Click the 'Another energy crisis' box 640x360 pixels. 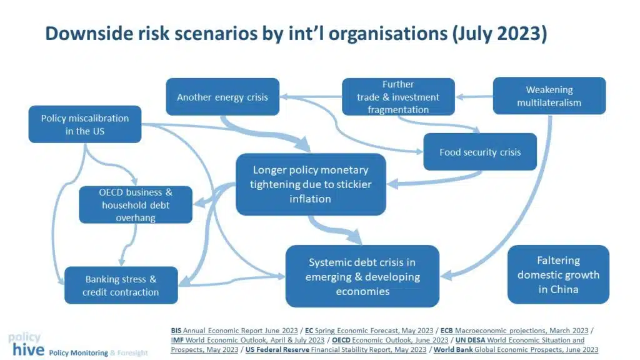pyautogui.click(x=222, y=97)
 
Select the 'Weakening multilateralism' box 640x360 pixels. pyautogui.click(x=549, y=96)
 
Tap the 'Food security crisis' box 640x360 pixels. pyautogui.click(x=480, y=152)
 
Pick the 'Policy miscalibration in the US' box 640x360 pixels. pyautogui.click(x=85, y=124)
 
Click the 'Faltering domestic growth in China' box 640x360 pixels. pyautogui.click(x=558, y=275)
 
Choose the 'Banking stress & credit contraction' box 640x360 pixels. pyautogui.click(x=121, y=285)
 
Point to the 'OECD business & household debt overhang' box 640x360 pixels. pyautogui.click(x=136, y=204)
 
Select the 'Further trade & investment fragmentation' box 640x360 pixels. pyautogui.click(x=398, y=97)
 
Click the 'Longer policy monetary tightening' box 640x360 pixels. pyautogui.click(x=311, y=184)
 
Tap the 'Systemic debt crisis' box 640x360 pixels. pyautogui.click(x=362, y=276)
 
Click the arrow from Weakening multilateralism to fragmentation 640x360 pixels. pyautogui.click(x=474, y=97)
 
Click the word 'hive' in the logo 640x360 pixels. pyautogui.click(x=28, y=349)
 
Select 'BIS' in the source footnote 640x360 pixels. pyautogui.click(x=176, y=331)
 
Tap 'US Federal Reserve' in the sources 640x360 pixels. pyautogui.click(x=277, y=349)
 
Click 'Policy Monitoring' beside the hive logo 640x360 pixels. pyautogui.click(x=78, y=352)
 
